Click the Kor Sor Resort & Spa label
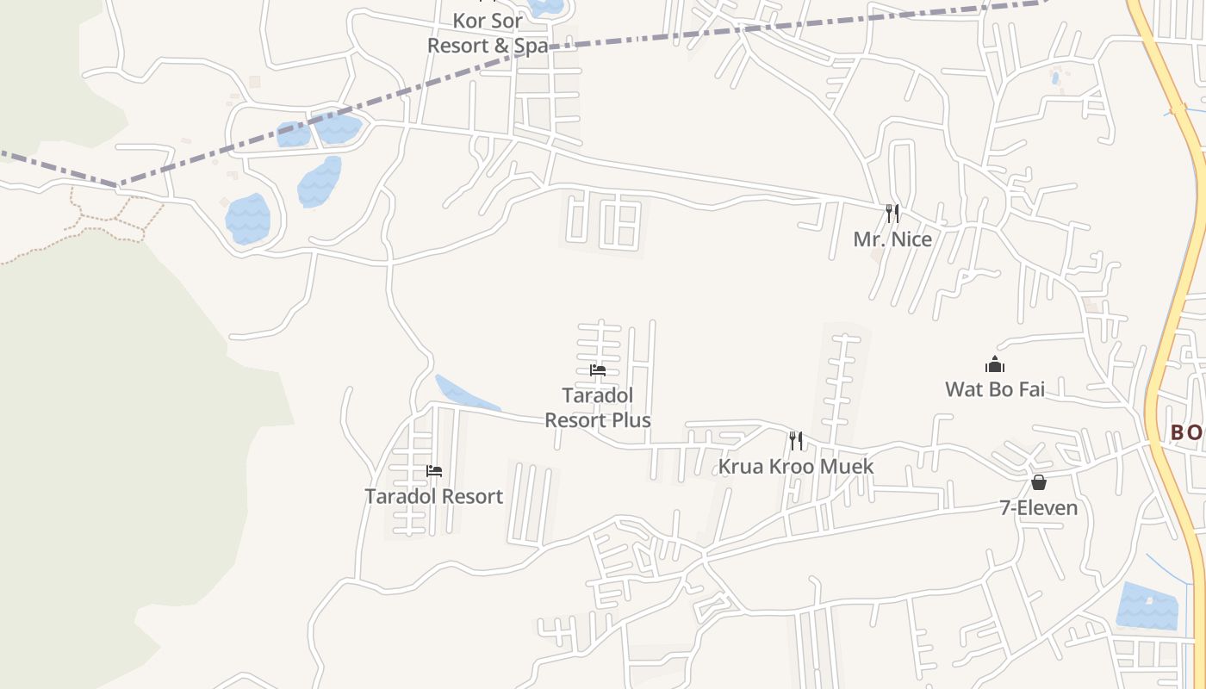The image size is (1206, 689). (488, 33)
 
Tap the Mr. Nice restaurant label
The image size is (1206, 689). (892, 239)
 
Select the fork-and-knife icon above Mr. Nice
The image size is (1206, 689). (892, 213)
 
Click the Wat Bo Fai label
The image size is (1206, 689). (995, 389)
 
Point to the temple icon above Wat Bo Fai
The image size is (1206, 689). (995, 365)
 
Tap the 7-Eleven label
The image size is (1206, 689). (1038, 508)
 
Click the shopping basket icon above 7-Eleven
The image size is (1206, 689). (1039, 482)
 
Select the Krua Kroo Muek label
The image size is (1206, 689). (796, 467)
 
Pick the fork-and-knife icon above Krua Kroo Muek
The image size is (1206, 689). (796, 441)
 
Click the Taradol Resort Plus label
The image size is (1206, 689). (598, 407)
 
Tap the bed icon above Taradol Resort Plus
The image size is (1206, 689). (598, 370)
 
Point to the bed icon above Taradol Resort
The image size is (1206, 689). (434, 471)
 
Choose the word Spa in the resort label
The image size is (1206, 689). (531, 46)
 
